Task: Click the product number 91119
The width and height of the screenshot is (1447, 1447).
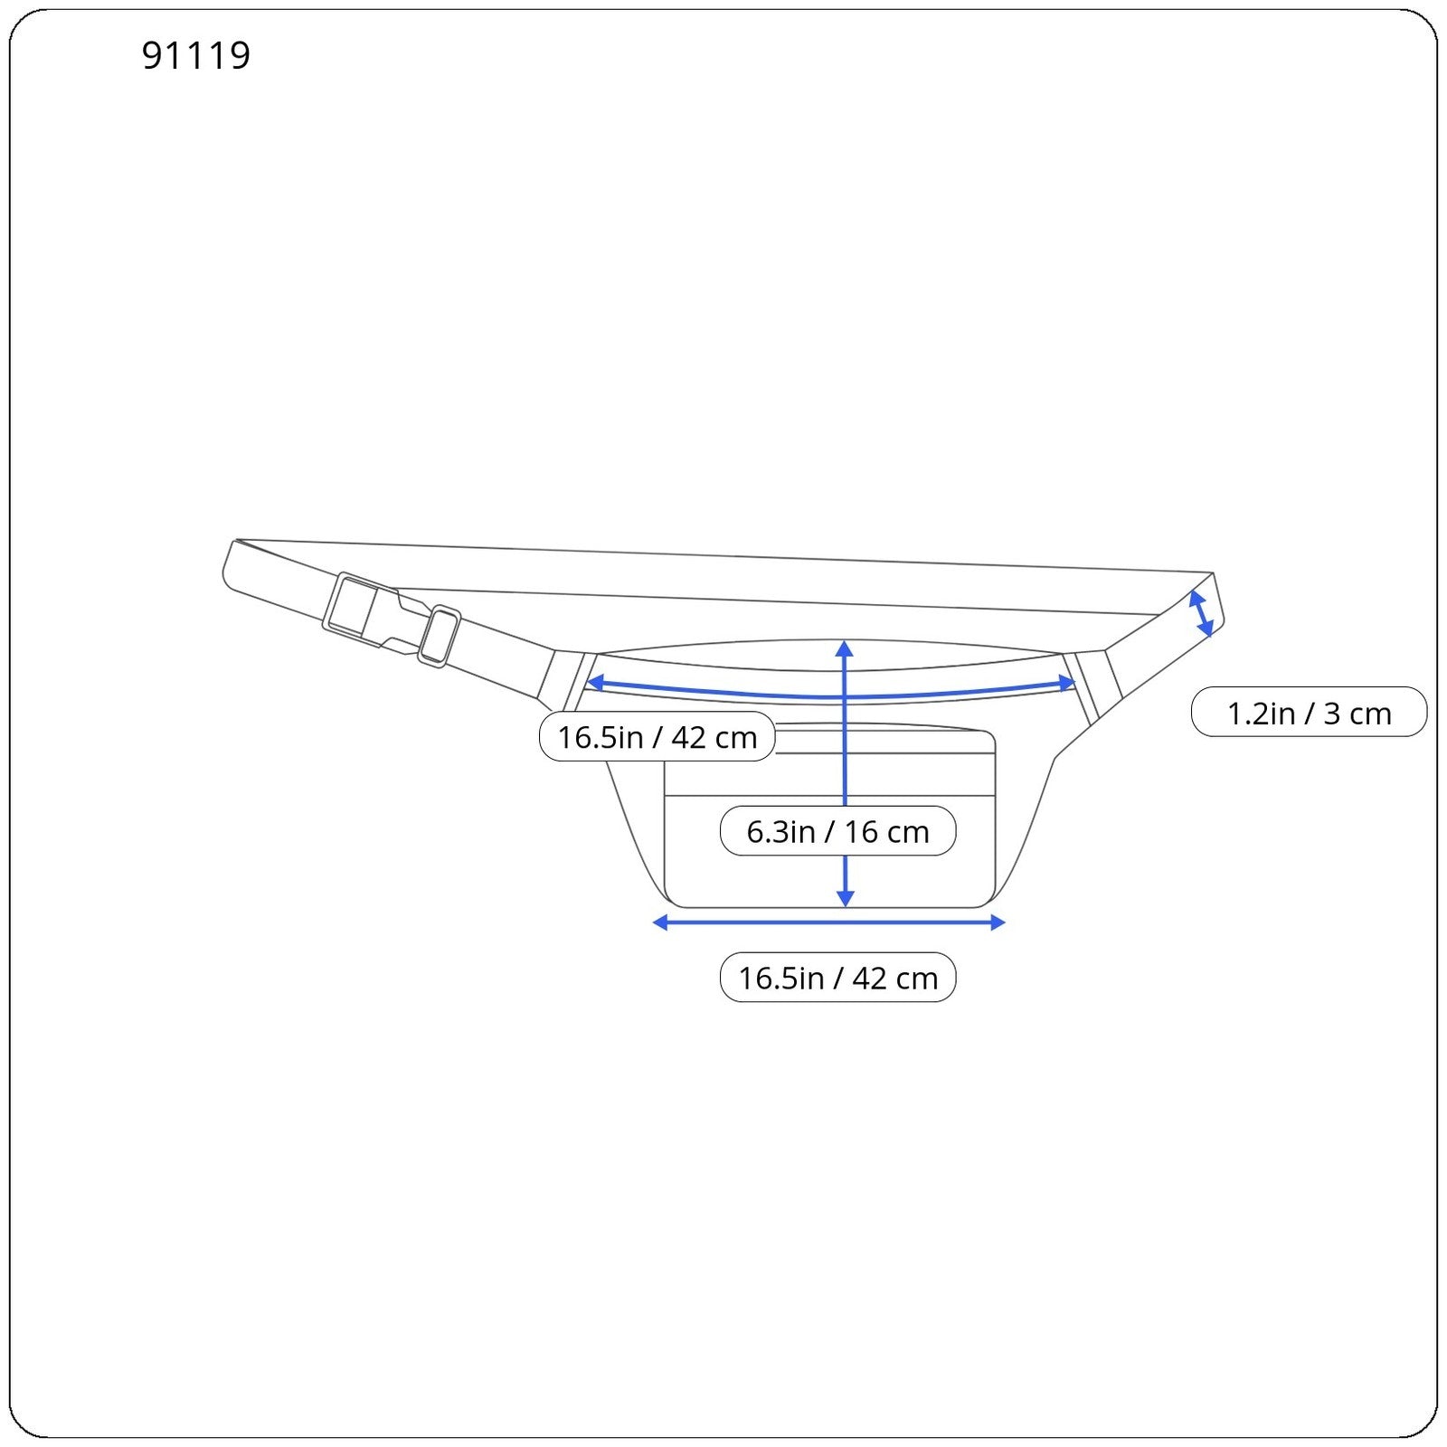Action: click(x=196, y=55)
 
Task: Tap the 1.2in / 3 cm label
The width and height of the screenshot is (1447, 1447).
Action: click(x=1309, y=713)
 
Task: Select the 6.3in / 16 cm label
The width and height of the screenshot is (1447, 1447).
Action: click(x=837, y=830)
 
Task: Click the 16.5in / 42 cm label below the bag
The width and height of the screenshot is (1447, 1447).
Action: click(x=837, y=977)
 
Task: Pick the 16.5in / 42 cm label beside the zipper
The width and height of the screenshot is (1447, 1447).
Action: click(x=657, y=736)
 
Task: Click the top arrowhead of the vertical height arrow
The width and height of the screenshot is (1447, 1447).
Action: click(x=845, y=648)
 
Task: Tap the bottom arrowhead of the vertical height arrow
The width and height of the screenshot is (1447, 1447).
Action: click(x=845, y=898)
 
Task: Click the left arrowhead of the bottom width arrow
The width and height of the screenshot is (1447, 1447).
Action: click(x=660, y=922)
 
